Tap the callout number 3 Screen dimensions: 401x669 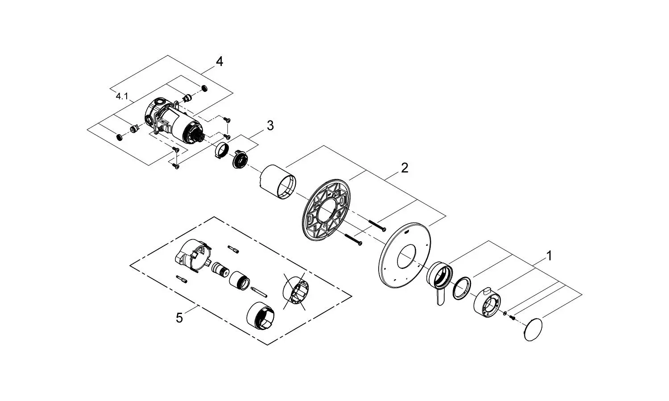[x=270, y=126]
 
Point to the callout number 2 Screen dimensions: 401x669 [x=404, y=168]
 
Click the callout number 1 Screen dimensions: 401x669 [x=549, y=256]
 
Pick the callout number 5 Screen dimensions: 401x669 [x=179, y=318]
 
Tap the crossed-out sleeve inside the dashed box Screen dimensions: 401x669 [x=294, y=292]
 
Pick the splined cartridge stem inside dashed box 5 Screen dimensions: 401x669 [x=220, y=270]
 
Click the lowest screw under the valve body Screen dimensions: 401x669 [x=176, y=166]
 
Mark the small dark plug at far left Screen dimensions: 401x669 [x=119, y=136]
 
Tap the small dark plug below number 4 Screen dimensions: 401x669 [x=205, y=88]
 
